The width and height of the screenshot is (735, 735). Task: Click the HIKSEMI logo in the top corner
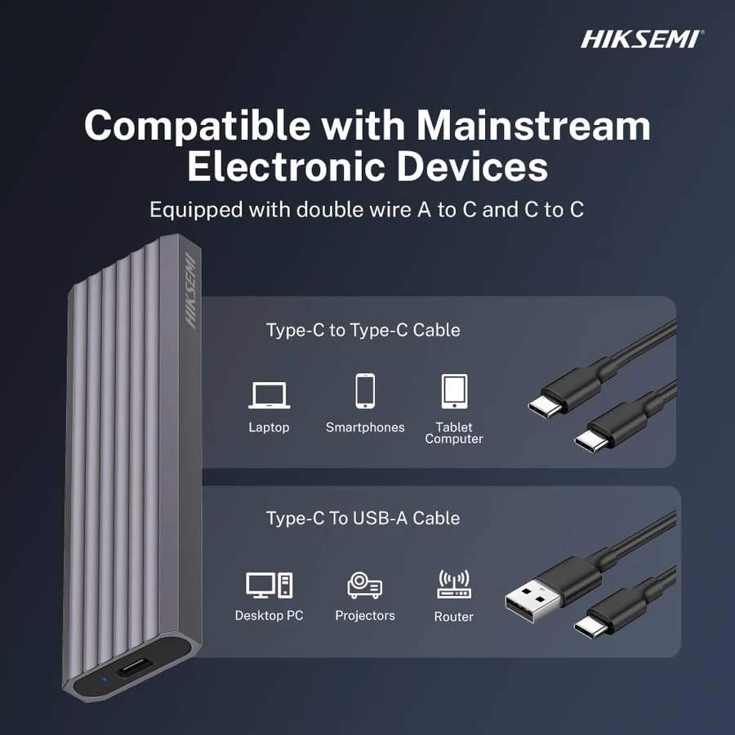coord(642,39)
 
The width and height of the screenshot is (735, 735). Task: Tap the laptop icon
coord(269,395)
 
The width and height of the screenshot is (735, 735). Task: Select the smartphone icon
coord(365,391)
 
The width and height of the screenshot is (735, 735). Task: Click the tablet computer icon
coord(454,391)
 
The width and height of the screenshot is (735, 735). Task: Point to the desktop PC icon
coord(269,585)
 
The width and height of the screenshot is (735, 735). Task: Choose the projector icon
coord(365,585)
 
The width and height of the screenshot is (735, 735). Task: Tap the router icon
coord(454,584)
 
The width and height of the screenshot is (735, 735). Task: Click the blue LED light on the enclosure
coord(105,679)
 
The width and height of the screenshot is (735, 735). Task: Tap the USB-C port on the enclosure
coord(134,667)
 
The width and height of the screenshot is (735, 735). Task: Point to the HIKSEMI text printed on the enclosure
coord(189,291)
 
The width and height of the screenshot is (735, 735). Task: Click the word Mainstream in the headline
coord(533,126)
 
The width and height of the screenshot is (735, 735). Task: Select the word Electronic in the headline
coord(287,167)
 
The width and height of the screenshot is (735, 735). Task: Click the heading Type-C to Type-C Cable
coord(363,330)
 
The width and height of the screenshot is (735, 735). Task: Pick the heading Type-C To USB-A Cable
coord(363,519)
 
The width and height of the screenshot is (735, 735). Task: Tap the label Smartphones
coord(365,427)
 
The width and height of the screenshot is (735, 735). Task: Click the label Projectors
coord(365,616)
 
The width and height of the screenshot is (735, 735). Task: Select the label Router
coord(454,617)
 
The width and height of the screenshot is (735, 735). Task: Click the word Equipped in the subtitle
coord(196,210)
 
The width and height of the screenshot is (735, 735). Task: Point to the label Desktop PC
coord(269,616)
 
